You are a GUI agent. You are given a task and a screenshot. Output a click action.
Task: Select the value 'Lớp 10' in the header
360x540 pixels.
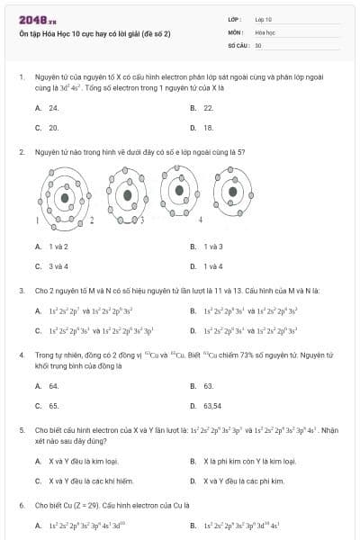pos(264,18)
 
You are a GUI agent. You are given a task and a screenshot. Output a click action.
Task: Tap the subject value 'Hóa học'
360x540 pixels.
pos(265,31)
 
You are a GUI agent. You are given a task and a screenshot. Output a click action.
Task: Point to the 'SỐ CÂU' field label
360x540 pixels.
pos(238,44)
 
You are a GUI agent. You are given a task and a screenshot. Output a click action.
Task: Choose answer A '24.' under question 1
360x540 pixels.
pos(54,107)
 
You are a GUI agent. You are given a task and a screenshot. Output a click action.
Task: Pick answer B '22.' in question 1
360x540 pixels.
pos(208,107)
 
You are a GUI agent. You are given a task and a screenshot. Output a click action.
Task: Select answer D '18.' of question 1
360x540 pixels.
pos(208,128)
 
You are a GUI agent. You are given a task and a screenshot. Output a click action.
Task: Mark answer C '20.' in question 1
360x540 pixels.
pos(54,128)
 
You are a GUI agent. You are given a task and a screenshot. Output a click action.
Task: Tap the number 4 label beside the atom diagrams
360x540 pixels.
pos(200,219)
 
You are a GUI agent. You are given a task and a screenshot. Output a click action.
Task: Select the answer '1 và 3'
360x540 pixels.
pos(213,246)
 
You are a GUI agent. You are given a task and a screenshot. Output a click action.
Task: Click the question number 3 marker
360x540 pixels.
pos(21,290)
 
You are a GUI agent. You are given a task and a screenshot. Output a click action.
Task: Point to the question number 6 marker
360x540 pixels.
pos(21,506)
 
